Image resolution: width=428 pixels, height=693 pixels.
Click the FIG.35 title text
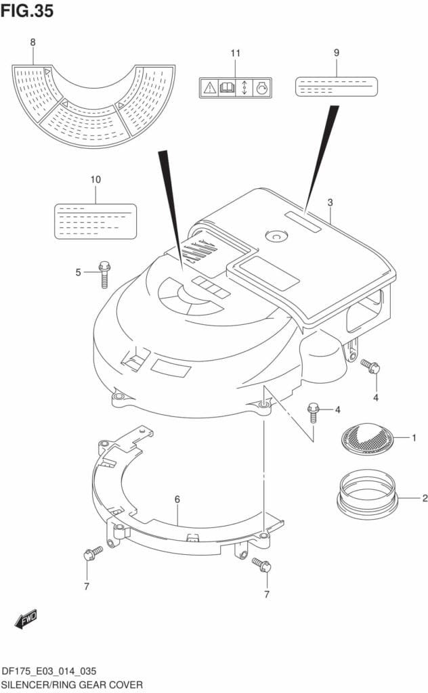click(27, 11)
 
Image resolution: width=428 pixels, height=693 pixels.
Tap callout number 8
click(33, 43)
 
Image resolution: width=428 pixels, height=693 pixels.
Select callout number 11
click(235, 53)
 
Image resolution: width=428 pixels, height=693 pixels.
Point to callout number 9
click(336, 53)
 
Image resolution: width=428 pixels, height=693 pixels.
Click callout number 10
click(95, 179)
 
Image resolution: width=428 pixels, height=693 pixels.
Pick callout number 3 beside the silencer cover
click(330, 202)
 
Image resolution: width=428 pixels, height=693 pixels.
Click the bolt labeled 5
click(104, 273)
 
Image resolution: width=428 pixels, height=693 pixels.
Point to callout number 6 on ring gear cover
click(177, 499)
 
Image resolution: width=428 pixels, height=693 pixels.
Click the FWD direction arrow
click(26, 618)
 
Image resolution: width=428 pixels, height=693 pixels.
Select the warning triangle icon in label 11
click(209, 87)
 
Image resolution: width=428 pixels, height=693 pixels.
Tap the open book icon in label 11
click(226, 87)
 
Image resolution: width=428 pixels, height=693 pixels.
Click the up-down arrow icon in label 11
click(244, 87)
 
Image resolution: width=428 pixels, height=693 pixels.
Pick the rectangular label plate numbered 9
click(335, 87)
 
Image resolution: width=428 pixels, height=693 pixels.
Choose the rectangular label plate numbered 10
click(95, 221)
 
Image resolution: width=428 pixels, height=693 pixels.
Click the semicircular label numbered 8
click(93, 108)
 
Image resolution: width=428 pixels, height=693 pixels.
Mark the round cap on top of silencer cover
click(277, 236)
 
